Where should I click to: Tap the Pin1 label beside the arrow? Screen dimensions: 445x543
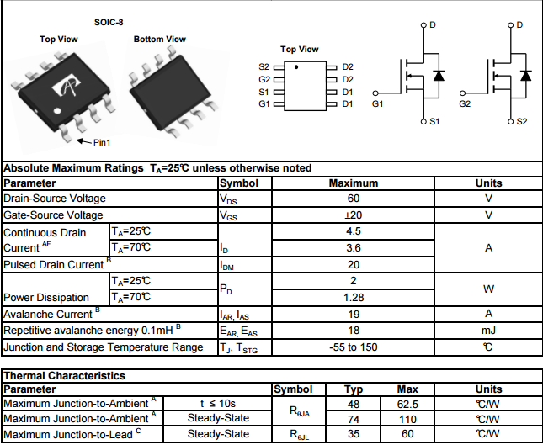click(x=102, y=142)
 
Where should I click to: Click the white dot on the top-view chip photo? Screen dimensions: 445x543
click(x=56, y=110)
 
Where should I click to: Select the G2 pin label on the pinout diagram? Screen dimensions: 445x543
click(x=264, y=79)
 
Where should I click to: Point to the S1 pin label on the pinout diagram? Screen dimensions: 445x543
click(x=264, y=92)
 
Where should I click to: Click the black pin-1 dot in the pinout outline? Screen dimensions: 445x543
click(x=296, y=66)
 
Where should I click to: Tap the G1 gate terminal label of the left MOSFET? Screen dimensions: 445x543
click(x=376, y=104)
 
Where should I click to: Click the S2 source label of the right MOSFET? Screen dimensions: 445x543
click(x=521, y=122)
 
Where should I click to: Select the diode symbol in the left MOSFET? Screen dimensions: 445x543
click(x=438, y=75)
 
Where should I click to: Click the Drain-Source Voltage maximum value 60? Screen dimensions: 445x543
click(x=354, y=199)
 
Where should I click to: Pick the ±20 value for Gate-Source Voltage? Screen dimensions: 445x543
click(x=354, y=215)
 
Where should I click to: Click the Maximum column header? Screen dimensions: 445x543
click(x=354, y=183)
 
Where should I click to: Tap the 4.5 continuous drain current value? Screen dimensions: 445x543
click(x=354, y=231)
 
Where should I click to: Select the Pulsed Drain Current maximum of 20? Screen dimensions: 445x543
click(x=354, y=264)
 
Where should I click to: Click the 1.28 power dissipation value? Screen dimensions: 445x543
click(x=354, y=297)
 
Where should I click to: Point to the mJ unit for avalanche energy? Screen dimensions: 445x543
click(x=488, y=331)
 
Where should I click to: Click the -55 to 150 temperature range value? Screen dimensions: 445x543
click(x=354, y=347)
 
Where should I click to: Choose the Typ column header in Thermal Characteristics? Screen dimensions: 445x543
click(x=354, y=389)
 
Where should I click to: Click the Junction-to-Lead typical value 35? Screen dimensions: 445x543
click(x=354, y=434)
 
